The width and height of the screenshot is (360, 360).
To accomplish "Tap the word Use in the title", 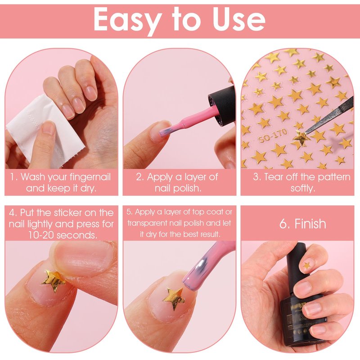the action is pyautogui.click(x=239, y=19).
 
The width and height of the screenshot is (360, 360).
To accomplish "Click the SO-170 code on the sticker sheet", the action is pyautogui.click(x=273, y=135).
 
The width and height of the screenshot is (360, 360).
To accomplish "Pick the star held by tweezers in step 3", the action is pyautogui.click(x=301, y=137).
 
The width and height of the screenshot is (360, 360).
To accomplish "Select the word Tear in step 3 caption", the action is pyautogui.click(x=274, y=177).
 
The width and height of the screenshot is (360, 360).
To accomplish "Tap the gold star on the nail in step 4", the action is pyautogui.click(x=54, y=280).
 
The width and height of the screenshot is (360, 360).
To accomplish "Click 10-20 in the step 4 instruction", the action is pyautogui.click(x=41, y=235).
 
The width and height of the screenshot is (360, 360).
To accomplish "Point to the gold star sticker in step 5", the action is pyautogui.click(x=174, y=298).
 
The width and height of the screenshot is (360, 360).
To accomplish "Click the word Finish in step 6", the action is pyautogui.click(x=310, y=223).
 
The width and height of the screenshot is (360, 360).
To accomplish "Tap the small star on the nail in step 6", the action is pyautogui.click(x=307, y=265).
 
